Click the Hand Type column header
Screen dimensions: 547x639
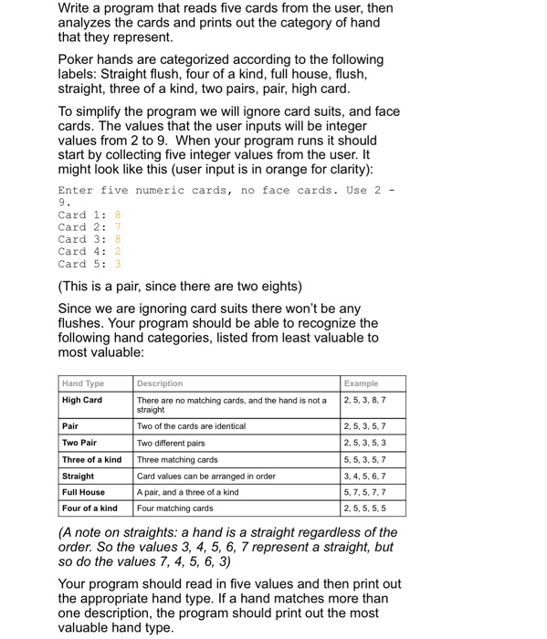pyautogui.click(x=83, y=383)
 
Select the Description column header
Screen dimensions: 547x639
pyautogui.click(x=160, y=383)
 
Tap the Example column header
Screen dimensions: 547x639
pyautogui.click(x=362, y=383)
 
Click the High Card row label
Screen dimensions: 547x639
pyautogui.click(x=82, y=400)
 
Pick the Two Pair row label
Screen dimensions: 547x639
pyautogui.click(x=81, y=443)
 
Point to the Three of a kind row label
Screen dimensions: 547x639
pyautogui.click(x=92, y=459)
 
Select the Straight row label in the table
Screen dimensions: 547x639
pyautogui.click(x=79, y=476)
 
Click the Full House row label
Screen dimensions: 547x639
pyautogui.click(x=84, y=492)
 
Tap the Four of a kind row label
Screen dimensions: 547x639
pyautogui.click(x=89, y=508)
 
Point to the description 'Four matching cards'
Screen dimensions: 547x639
pyautogui.click(x=175, y=508)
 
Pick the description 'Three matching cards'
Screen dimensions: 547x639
pyautogui.click(x=178, y=459)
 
